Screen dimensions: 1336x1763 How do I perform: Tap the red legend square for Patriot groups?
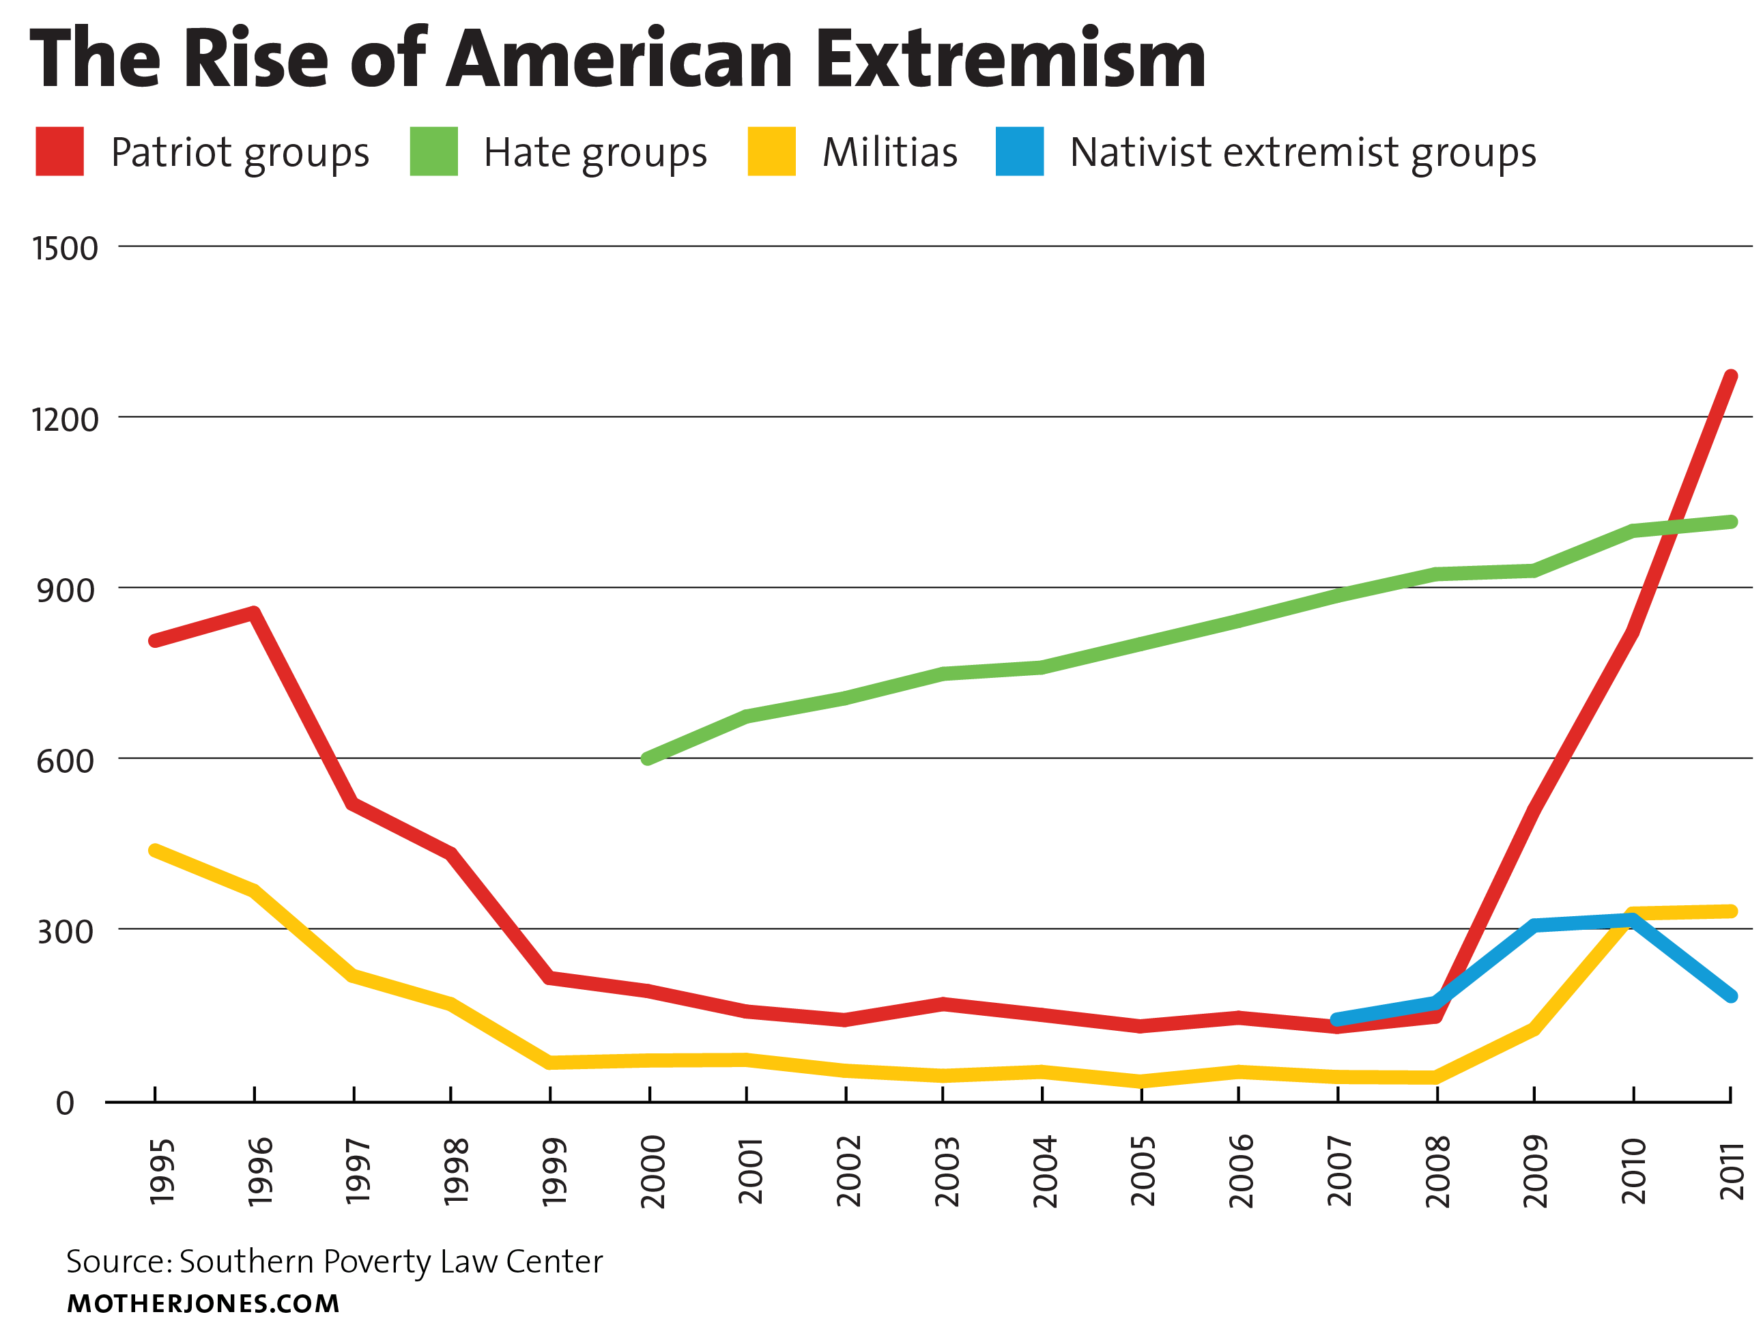point(60,152)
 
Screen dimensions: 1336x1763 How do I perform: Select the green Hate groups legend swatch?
point(433,152)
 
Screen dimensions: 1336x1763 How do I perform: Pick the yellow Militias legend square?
point(771,152)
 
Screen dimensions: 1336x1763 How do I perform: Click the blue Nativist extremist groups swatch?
point(1020,152)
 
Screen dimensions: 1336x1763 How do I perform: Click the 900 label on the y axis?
point(66,591)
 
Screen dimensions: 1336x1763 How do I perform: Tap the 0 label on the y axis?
point(66,1104)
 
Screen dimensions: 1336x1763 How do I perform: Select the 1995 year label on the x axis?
point(162,1171)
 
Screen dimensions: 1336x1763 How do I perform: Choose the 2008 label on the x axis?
point(1438,1171)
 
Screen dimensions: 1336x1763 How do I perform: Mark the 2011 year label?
point(1731,1171)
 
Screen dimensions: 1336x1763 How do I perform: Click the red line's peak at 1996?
point(253,614)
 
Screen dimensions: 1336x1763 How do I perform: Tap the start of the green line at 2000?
point(648,758)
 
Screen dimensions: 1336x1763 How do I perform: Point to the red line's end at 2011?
point(1730,376)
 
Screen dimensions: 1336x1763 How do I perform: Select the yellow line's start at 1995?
point(155,851)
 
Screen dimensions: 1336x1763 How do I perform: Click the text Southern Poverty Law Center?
point(390,1262)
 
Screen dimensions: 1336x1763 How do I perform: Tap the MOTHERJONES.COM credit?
point(203,1304)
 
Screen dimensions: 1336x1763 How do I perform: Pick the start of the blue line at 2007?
point(1337,1019)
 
